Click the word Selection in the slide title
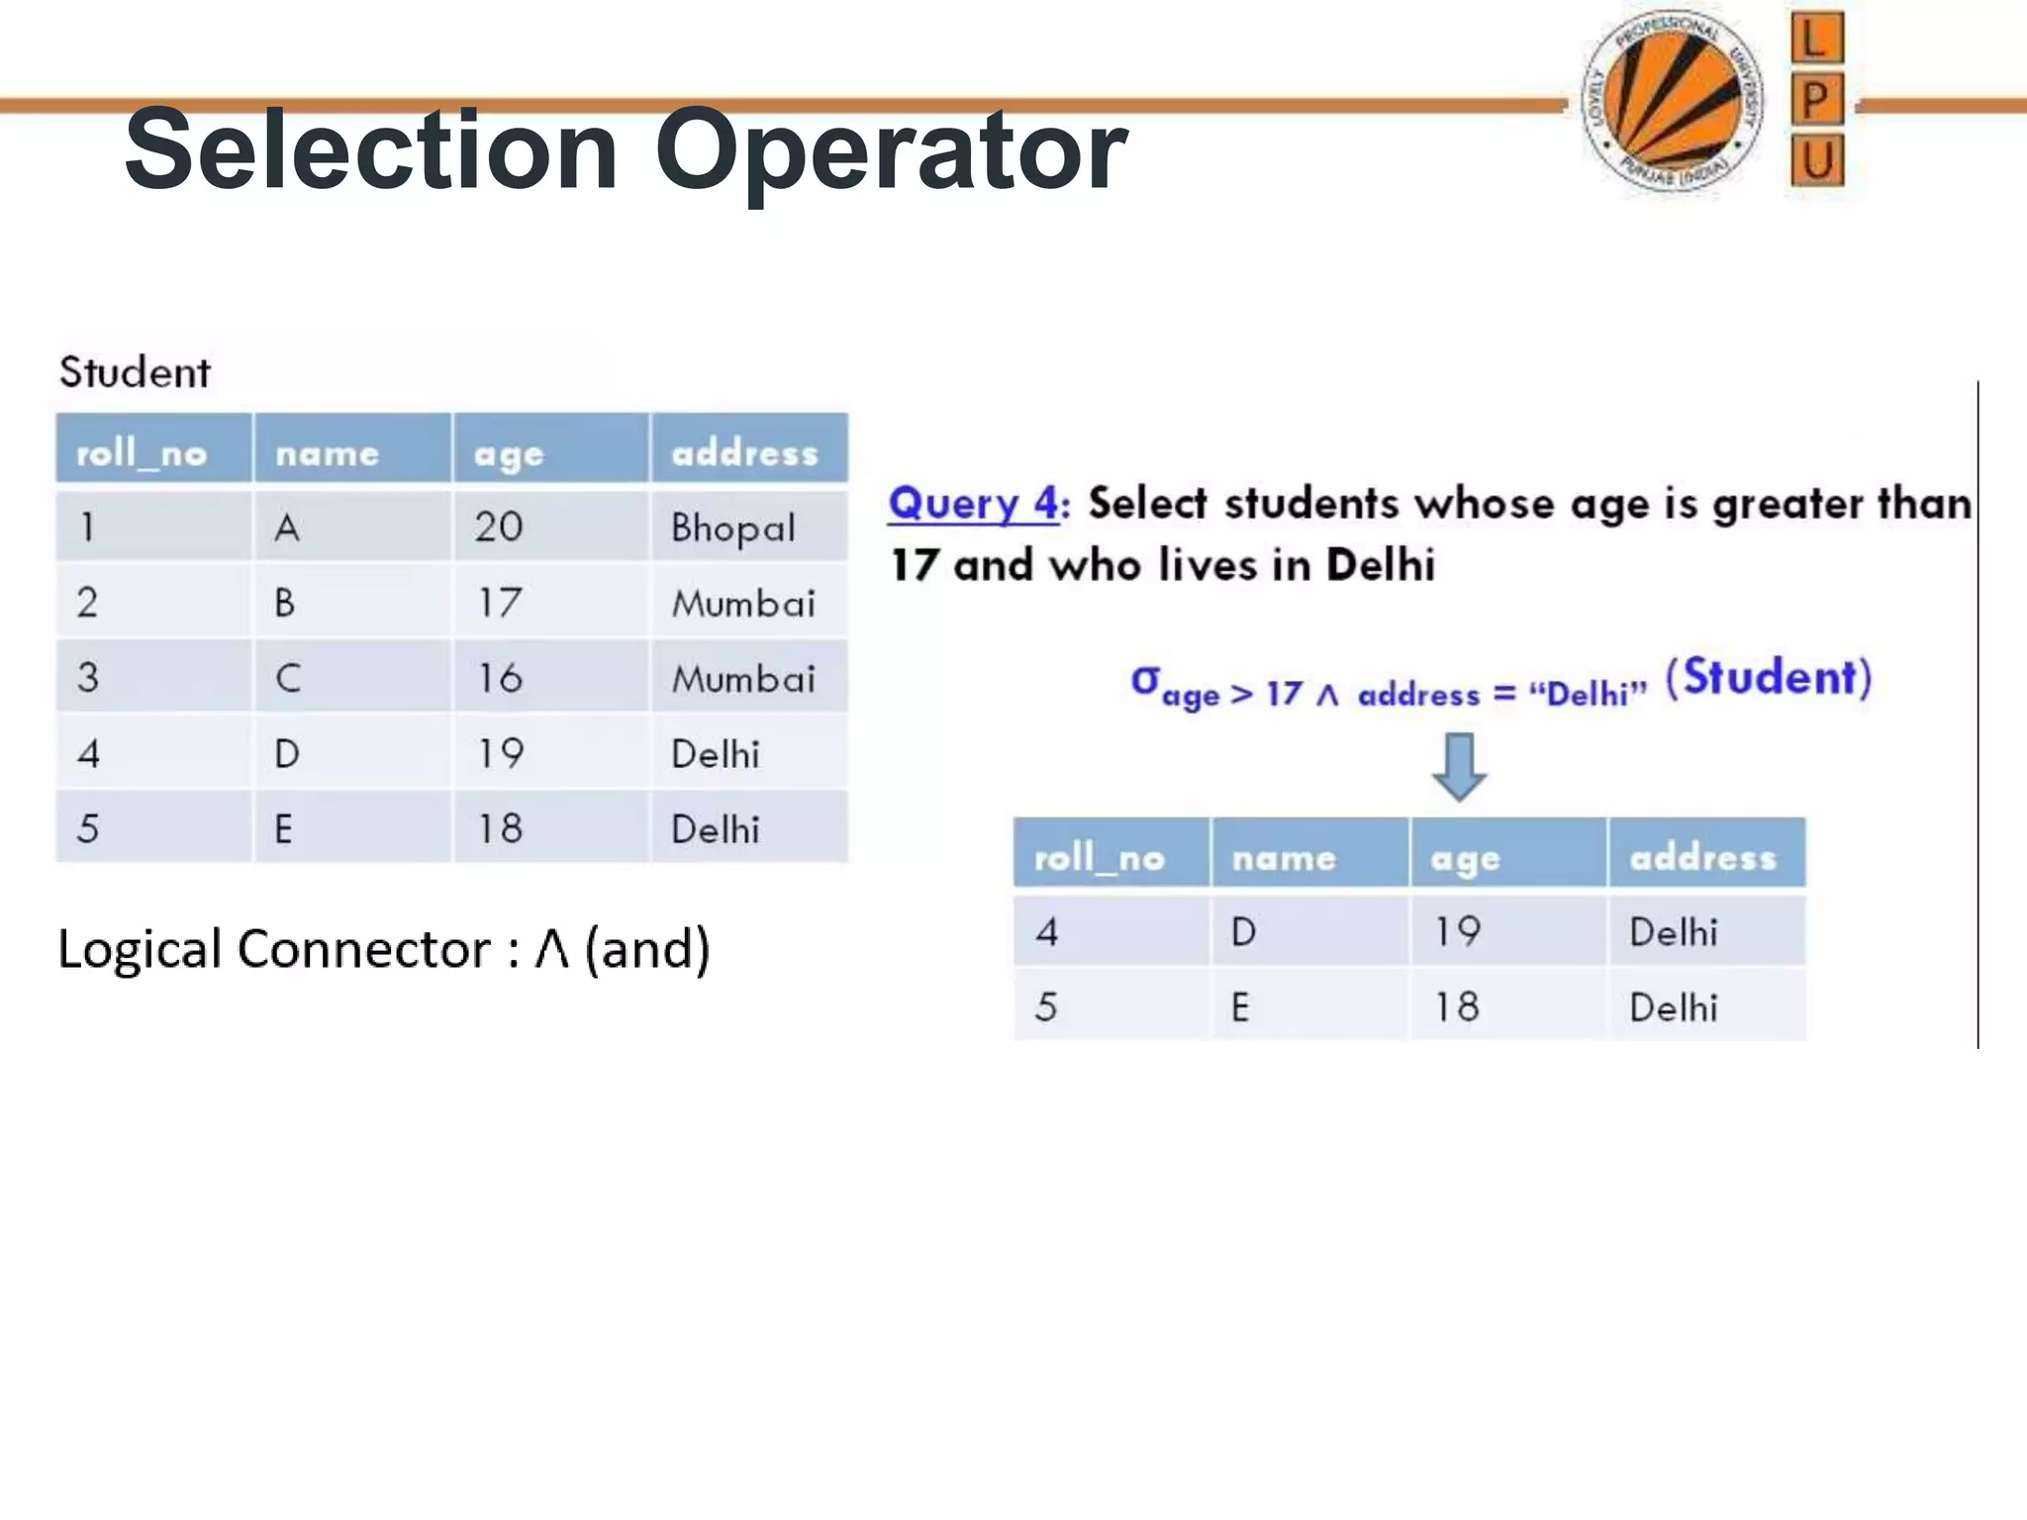[371, 150]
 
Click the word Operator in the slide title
[891, 150]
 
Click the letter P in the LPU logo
[1816, 100]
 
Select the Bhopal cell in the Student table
[732, 527]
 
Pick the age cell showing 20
[499, 526]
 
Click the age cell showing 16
[499, 678]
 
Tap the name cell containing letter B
[285, 602]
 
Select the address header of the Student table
[745, 452]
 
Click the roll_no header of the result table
[1099, 857]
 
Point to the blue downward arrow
[1459, 766]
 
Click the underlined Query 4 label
[976, 504]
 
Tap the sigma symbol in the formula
[1145, 680]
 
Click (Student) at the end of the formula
[1769, 678]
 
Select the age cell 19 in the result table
[1458, 931]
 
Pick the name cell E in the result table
[1240, 1007]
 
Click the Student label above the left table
[135, 372]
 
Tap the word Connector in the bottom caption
[363, 949]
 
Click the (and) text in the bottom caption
[647, 949]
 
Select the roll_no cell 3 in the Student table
[88, 678]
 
